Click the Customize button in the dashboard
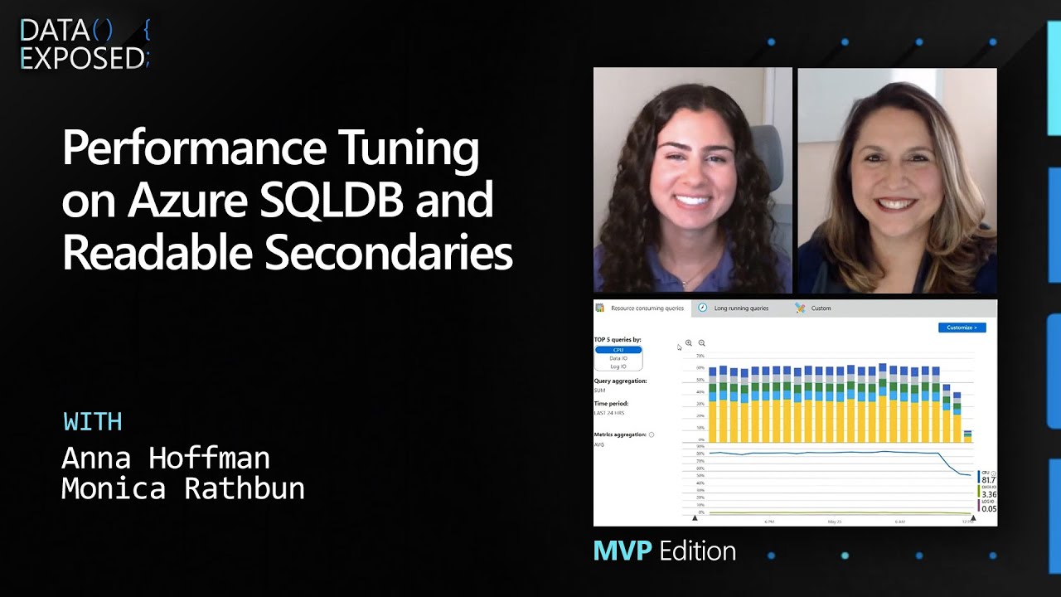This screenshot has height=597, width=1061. point(962,328)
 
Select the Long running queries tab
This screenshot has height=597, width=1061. point(740,308)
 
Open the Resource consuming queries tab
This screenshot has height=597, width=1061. point(647,308)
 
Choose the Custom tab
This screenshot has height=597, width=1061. point(821,308)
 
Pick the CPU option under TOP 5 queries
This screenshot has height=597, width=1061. point(618,350)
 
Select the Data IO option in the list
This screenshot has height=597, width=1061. point(618,358)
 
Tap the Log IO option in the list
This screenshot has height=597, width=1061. point(618,366)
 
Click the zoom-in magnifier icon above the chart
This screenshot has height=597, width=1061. point(689,342)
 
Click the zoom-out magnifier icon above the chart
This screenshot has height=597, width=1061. point(701,342)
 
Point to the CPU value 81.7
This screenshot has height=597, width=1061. point(988,479)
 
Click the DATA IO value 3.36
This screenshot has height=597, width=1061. point(988,494)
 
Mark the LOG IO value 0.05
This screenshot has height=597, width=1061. point(988,508)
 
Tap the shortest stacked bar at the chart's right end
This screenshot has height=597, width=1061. point(967,436)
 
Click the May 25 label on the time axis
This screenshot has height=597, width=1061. point(835,522)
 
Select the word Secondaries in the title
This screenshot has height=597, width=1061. point(389,254)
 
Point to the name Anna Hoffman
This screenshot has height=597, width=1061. point(166,458)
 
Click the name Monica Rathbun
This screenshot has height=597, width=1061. point(183,488)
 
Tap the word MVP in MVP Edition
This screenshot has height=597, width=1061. point(623,551)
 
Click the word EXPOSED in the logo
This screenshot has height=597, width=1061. point(81,58)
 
